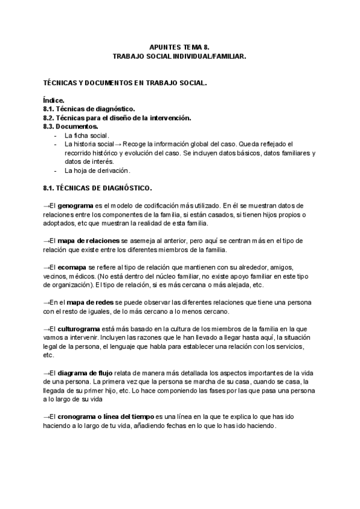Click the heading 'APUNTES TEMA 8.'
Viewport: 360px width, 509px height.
[180, 46]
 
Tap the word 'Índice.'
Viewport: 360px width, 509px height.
[55, 100]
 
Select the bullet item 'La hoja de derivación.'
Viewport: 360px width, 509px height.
[97, 170]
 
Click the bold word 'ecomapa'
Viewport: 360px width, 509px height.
[73, 267]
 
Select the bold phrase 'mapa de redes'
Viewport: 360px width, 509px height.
[87, 303]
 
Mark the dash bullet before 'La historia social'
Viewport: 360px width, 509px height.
[56, 145]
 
